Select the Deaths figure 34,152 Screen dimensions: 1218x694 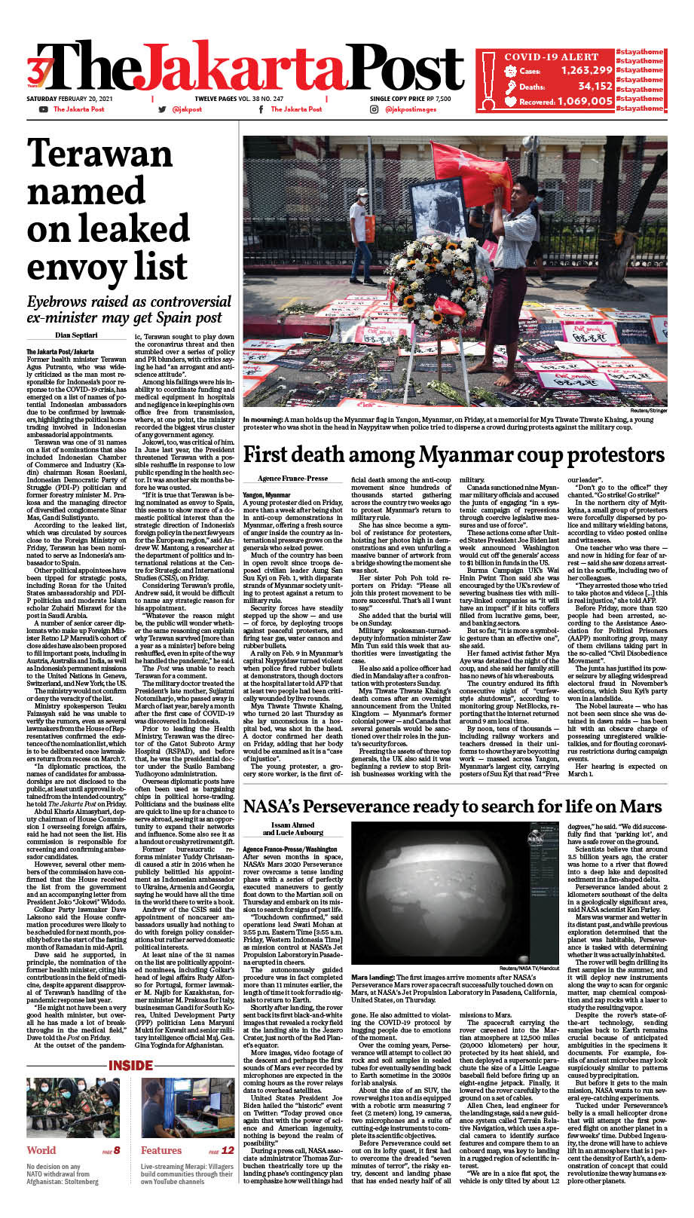pos(595,86)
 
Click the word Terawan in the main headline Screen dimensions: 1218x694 pos(100,155)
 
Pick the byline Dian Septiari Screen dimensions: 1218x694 pos(75,335)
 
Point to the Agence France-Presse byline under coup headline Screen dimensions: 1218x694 pos(292,479)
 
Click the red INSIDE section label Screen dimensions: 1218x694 pos(131,1065)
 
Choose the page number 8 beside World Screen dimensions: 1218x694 pos(116,1150)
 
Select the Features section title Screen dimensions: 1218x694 pos(161,1150)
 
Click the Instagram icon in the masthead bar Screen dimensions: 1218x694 pos(374,109)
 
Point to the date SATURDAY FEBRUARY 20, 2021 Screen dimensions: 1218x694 pos(69,99)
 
